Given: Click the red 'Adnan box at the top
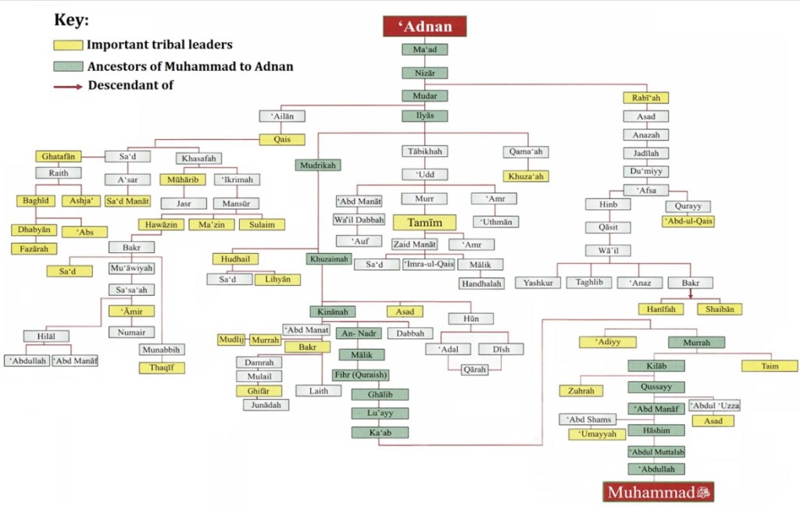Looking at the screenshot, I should (425, 26).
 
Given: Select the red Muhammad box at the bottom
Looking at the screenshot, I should (659, 492).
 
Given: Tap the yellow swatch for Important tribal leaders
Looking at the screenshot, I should (69, 45).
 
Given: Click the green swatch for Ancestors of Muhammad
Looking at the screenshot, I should (69, 66).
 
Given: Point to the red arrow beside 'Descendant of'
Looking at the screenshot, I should (69, 86).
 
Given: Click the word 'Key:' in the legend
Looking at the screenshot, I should (71, 20).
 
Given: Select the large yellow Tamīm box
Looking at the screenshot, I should (424, 223).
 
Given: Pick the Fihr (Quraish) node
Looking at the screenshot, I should (361, 374).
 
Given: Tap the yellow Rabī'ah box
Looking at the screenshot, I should (645, 98).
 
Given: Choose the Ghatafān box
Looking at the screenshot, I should (59, 156).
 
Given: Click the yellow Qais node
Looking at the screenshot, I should (282, 141).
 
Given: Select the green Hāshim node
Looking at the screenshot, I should (656, 430).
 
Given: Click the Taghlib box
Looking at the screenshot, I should (588, 283).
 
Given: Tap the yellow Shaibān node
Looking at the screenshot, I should (719, 309).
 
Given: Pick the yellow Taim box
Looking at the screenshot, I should (770, 365).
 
